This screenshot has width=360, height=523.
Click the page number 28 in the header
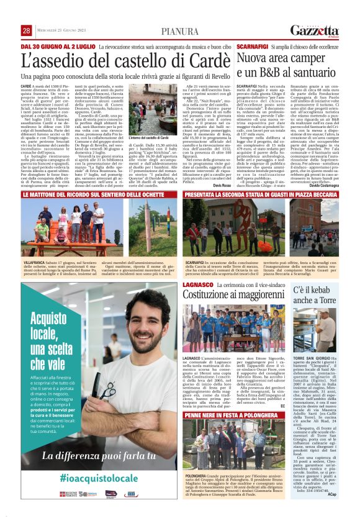pos(26,31)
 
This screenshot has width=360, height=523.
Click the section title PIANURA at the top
pos(180,32)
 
